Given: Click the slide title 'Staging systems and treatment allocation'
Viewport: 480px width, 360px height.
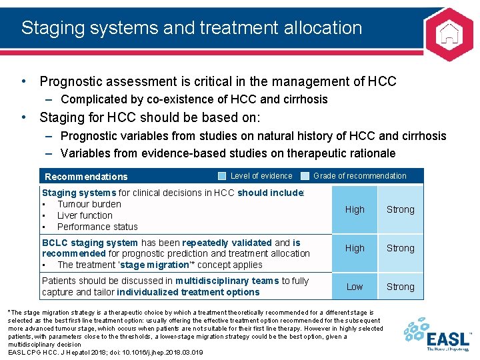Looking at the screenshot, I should click(192, 28).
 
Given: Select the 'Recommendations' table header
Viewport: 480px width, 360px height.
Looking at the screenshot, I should click(86, 177).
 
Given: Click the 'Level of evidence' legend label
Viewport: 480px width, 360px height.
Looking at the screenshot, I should click(261, 176).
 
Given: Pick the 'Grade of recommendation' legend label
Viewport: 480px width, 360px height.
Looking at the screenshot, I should click(359, 176).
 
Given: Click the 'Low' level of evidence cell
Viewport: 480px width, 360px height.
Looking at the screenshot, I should click(355, 287).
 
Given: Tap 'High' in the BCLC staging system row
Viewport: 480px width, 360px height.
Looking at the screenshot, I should click(355, 248).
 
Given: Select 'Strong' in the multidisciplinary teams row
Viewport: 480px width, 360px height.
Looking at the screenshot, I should click(400, 287).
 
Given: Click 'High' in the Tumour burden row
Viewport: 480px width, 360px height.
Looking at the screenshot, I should click(355, 209).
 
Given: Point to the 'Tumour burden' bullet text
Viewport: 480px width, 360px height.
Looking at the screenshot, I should click(89, 204).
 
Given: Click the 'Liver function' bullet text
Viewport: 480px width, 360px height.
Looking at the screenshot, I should click(85, 215).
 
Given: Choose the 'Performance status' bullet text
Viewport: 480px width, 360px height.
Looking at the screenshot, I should click(97, 227).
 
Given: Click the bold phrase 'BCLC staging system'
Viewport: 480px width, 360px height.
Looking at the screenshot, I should click(90, 243).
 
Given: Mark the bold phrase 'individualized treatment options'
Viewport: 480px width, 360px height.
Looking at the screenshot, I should click(188, 292).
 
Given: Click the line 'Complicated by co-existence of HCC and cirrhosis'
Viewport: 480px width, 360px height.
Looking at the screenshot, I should click(194, 99).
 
